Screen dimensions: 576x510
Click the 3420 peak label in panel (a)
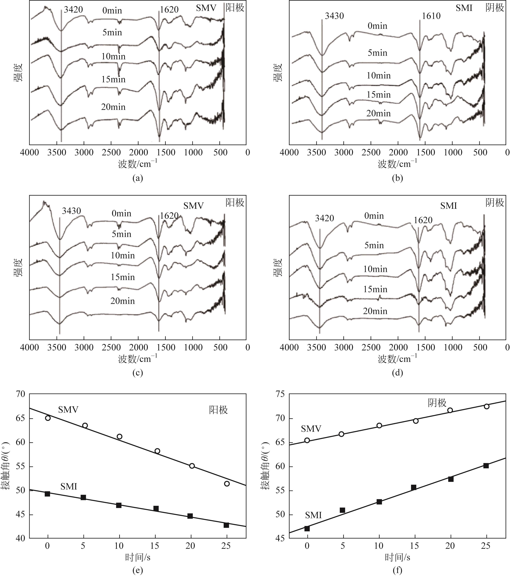(73, 10)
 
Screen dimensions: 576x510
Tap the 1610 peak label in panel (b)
(431, 16)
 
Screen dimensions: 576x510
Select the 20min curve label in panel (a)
(113, 107)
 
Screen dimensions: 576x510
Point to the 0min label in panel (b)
(377, 26)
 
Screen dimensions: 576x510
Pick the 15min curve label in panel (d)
(375, 289)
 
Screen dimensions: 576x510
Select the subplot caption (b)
(397, 178)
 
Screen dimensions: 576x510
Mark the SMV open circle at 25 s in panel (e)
(227, 484)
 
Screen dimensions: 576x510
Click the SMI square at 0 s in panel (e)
(47, 494)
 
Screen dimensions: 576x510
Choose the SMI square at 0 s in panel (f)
(307, 528)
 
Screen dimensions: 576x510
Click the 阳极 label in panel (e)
(218, 410)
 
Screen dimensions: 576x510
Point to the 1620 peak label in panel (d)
(423, 220)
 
